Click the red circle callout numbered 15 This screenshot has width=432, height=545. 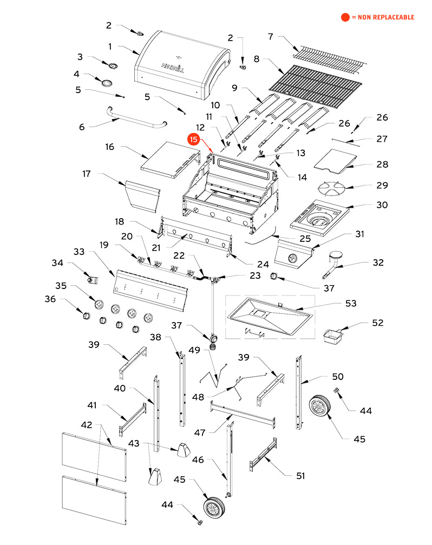click(x=194, y=139)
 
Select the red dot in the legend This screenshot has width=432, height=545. click(x=345, y=17)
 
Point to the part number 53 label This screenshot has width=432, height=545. click(x=351, y=303)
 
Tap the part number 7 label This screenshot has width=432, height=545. click(x=271, y=37)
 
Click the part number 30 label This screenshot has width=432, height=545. click(x=382, y=205)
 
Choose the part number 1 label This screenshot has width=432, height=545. click(x=109, y=47)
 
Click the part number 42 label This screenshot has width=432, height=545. click(x=87, y=425)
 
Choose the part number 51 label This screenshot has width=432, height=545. click(x=299, y=476)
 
